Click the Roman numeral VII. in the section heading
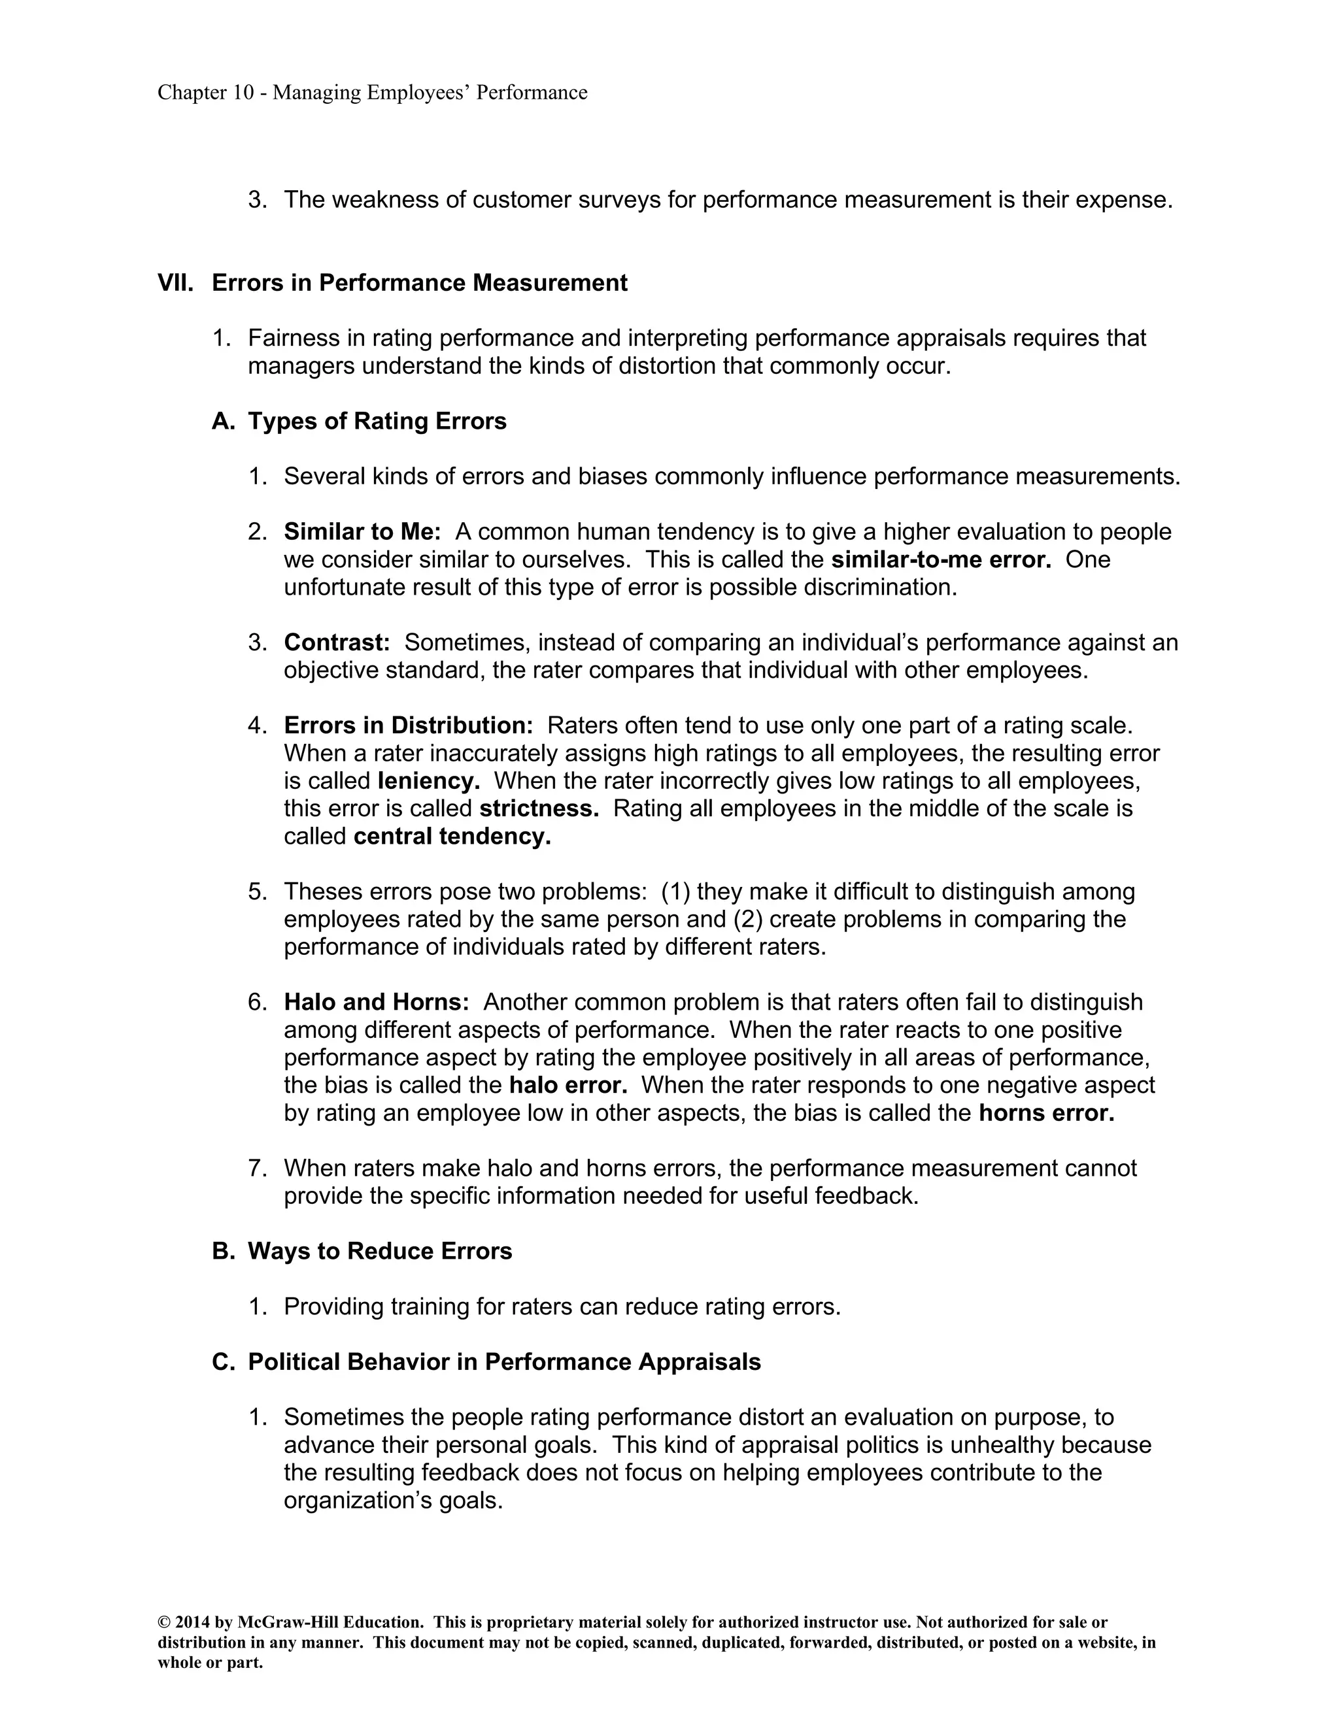tap(175, 283)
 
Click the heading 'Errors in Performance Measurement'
tap(419, 283)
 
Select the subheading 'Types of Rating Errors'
tap(377, 421)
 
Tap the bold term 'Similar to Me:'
tap(362, 532)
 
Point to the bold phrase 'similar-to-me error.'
tap(941, 560)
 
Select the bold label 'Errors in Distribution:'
tap(409, 725)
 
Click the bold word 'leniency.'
tap(428, 781)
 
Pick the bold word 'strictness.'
tap(539, 809)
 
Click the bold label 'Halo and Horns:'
tap(376, 1003)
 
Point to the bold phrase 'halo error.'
tap(568, 1085)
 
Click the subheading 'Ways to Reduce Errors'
tap(379, 1252)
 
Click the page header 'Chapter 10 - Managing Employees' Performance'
tap(372, 93)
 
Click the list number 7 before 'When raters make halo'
tap(256, 1168)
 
